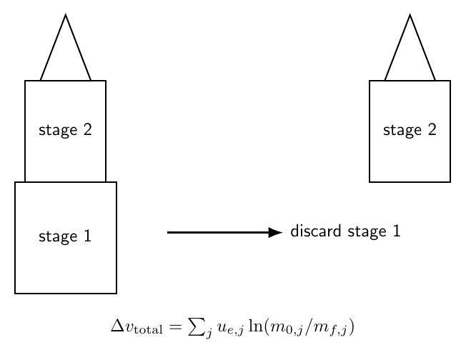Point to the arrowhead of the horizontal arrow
pos(275,232)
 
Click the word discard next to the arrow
pos(316,231)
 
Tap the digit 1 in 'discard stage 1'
pos(397,231)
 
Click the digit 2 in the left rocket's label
pos(87,129)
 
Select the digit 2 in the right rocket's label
pos(432,129)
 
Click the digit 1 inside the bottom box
pos(87,236)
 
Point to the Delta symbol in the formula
pos(118,325)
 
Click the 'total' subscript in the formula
pos(148,330)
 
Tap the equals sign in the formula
pos(175,326)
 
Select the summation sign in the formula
pos(197,326)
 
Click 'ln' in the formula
pos(255,326)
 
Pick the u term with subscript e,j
pos(230,329)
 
